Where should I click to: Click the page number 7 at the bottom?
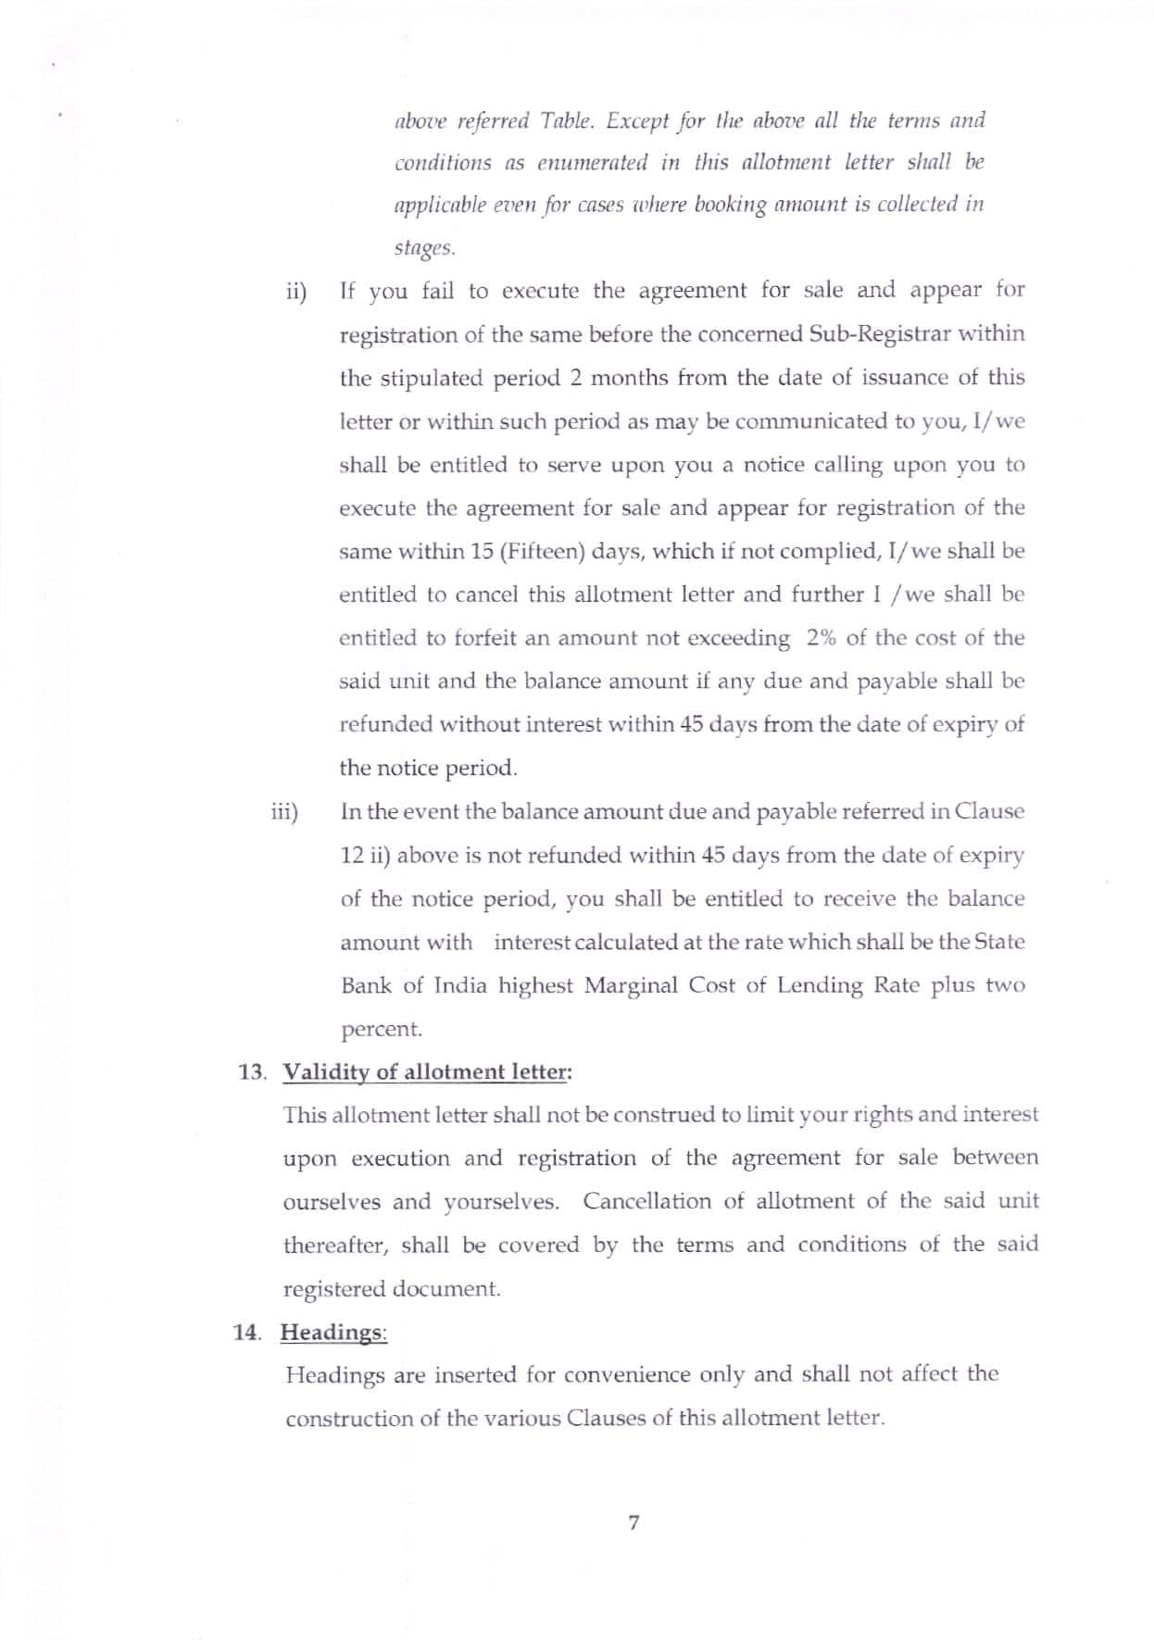pyautogui.click(x=633, y=1521)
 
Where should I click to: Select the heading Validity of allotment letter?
pyautogui.click(x=427, y=1071)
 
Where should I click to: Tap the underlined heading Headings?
pyautogui.click(x=332, y=1332)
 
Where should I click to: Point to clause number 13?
pyautogui.click(x=252, y=1072)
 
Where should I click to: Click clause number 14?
pyautogui.click(x=246, y=1332)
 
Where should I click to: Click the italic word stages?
pyautogui.click(x=424, y=247)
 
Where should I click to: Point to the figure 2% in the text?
pyautogui.click(x=822, y=638)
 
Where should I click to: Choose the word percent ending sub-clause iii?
pyautogui.click(x=381, y=1029)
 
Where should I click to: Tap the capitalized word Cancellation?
pyautogui.click(x=648, y=1201)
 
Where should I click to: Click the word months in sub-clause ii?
pyautogui.click(x=629, y=378)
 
